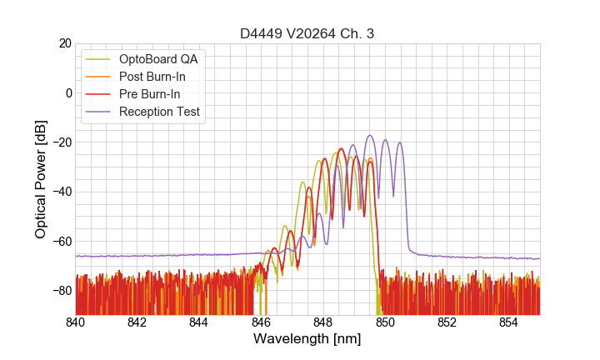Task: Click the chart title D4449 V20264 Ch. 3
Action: tap(307, 33)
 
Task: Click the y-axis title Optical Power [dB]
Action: tap(41, 179)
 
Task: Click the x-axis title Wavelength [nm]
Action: tap(307, 339)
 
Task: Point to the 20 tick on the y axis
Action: tap(64, 43)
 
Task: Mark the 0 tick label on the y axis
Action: tap(67, 92)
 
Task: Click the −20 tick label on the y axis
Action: tap(61, 142)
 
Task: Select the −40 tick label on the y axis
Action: tap(61, 192)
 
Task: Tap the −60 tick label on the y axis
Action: tap(61, 241)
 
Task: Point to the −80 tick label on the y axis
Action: tap(61, 291)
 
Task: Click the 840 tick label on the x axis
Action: tap(76, 321)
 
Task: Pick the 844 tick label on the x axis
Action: tap(199, 321)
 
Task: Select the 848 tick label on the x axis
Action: tap(323, 321)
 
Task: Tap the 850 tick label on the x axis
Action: tap(385, 321)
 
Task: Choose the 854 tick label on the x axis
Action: tap(508, 321)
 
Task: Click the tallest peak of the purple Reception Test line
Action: tap(370, 136)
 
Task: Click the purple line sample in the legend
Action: tap(99, 112)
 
